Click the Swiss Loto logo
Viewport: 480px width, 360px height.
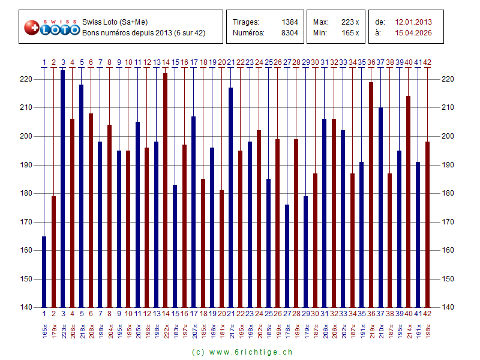click(52, 27)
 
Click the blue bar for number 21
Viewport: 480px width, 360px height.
click(231, 197)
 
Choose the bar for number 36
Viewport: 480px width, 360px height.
click(371, 194)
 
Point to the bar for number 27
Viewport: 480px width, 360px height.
click(287, 256)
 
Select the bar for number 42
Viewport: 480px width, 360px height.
click(427, 224)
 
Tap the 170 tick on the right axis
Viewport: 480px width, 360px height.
click(448, 222)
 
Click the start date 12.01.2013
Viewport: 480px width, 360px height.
click(413, 22)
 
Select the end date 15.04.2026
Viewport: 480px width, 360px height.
click(413, 33)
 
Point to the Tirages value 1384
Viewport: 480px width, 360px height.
click(290, 22)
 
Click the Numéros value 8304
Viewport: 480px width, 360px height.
click(290, 33)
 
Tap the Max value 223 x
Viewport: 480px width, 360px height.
click(349, 22)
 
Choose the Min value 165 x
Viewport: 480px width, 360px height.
click(349, 33)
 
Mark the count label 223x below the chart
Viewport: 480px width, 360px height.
click(63, 330)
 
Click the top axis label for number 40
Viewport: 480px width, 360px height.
click(409, 62)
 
